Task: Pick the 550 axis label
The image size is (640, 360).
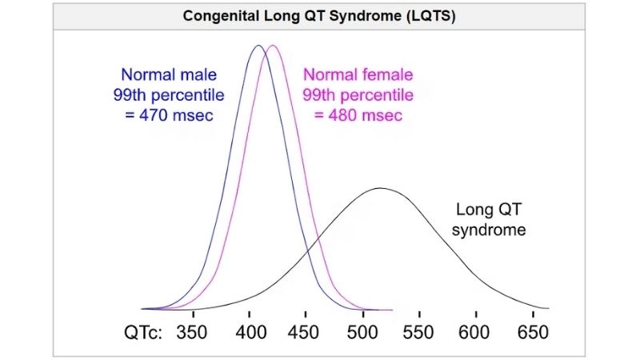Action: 418,331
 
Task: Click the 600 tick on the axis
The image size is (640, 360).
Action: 475,331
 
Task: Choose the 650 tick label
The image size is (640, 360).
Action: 531,331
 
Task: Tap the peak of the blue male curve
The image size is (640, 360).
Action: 258,46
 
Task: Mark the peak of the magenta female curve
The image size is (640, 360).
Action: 273,46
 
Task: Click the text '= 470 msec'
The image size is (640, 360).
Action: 169,115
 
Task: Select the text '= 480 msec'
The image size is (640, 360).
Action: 358,115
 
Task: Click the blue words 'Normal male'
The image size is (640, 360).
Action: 168,76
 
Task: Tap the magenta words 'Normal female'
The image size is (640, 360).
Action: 358,76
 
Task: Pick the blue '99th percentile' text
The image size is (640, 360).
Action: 168,95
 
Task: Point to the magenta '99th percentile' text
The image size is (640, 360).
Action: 358,95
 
